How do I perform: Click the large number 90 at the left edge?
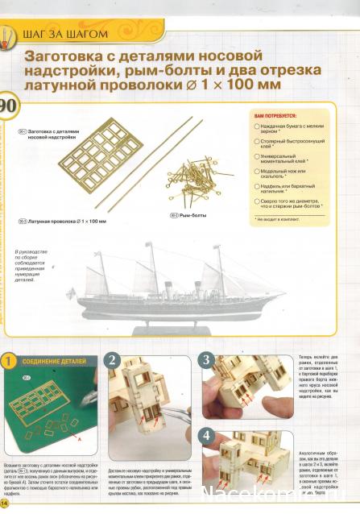point(7,109)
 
